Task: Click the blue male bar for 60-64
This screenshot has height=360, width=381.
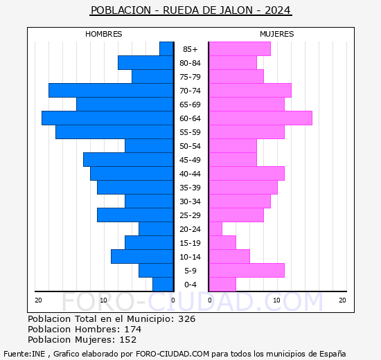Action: click(107, 118)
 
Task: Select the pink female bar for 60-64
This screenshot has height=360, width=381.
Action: click(260, 118)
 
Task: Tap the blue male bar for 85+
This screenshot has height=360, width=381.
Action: click(166, 49)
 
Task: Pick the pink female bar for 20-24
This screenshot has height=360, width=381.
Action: click(215, 229)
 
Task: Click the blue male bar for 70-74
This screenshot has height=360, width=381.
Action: click(110, 91)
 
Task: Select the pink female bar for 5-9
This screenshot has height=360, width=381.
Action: click(246, 271)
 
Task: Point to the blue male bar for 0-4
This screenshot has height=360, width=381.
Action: click(162, 285)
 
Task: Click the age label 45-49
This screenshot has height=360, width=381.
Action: click(190, 160)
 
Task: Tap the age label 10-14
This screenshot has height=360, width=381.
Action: click(190, 257)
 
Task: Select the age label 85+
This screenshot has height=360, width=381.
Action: click(190, 49)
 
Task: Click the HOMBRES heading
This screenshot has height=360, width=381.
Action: click(104, 34)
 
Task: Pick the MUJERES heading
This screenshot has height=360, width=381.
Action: click(276, 34)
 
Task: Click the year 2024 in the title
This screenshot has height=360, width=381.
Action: click(278, 10)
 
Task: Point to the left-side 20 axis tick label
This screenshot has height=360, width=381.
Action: click(39, 300)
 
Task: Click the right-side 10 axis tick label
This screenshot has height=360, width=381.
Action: click(276, 300)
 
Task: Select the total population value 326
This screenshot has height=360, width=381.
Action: click(186, 319)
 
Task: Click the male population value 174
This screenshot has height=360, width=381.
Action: click(132, 330)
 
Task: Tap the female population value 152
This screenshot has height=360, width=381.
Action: click(127, 340)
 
